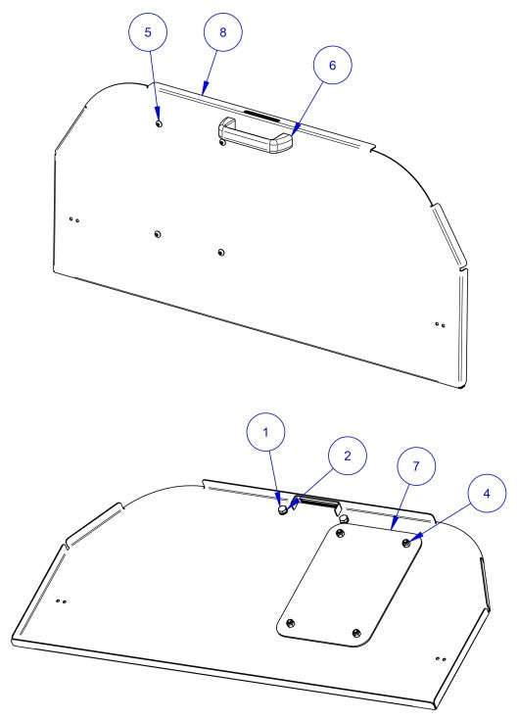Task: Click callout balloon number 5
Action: pos(149,33)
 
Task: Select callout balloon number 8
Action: pos(222,33)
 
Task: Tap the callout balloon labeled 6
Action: pos(332,66)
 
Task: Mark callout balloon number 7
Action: pos(415,467)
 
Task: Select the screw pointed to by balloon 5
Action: pos(159,123)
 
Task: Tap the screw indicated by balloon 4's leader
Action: pos(405,541)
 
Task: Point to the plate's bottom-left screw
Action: pos(290,623)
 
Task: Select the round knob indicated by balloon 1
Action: pos(283,508)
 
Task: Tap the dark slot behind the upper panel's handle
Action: pos(259,115)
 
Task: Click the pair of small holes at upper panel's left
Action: pos(74,218)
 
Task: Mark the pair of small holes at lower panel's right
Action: pos(440,659)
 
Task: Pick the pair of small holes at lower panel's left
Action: pos(61,600)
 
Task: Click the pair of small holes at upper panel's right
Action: pos(440,323)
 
